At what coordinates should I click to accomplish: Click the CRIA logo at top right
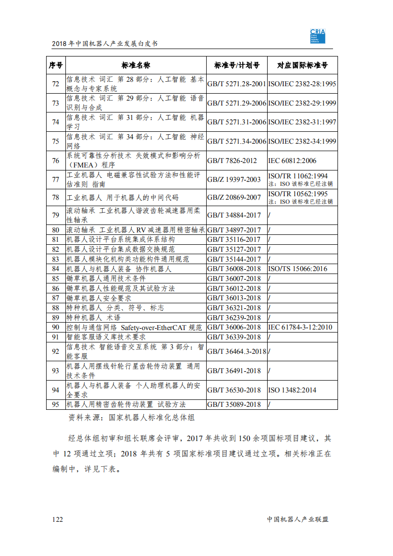point(317,36)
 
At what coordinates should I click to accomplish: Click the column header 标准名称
point(136,65)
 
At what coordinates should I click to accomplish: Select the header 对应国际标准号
point(302,65)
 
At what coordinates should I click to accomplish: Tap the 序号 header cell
point(56,65)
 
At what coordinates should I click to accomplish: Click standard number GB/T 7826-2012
point(232,161)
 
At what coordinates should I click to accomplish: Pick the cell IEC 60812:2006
point(292,161)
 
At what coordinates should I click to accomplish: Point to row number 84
point(56,269)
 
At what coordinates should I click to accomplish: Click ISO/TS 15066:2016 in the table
point(297,269)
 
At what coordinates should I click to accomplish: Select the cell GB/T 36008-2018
point(234,269)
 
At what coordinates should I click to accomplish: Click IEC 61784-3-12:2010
point(300,328)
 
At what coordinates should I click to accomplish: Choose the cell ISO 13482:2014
point(292,390)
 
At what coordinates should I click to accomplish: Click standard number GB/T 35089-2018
point(234,404)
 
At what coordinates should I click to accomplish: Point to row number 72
point(56,84)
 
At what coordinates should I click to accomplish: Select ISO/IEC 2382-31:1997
point(302,122)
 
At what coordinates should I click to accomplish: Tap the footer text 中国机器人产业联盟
point(297,519)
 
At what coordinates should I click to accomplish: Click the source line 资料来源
point(131,418)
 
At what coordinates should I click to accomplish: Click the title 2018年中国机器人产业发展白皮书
point(105,44)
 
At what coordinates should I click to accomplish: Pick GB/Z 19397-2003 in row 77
point(234,180)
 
